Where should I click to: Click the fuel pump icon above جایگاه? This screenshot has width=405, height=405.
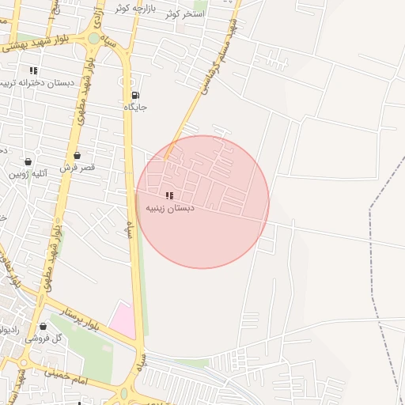[136, 96]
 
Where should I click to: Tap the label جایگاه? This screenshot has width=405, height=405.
[136, 107]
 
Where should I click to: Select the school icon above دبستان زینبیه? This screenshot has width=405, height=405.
[168, 195]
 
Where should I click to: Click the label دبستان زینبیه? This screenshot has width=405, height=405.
[169, 207]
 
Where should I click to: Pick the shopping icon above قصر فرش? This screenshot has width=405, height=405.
[77, 156]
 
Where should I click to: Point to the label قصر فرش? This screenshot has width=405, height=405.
[77, 168]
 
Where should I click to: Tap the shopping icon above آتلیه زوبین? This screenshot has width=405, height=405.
[28, 161]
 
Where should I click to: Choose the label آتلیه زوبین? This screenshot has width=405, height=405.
[30, 173]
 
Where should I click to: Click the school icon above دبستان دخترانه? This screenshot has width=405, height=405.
[33, 70]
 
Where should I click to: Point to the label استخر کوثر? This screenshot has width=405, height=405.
[185, 13]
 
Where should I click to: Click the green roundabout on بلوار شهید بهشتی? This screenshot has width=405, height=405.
[94, 38]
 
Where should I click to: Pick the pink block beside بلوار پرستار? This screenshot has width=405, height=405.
[123, 319]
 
